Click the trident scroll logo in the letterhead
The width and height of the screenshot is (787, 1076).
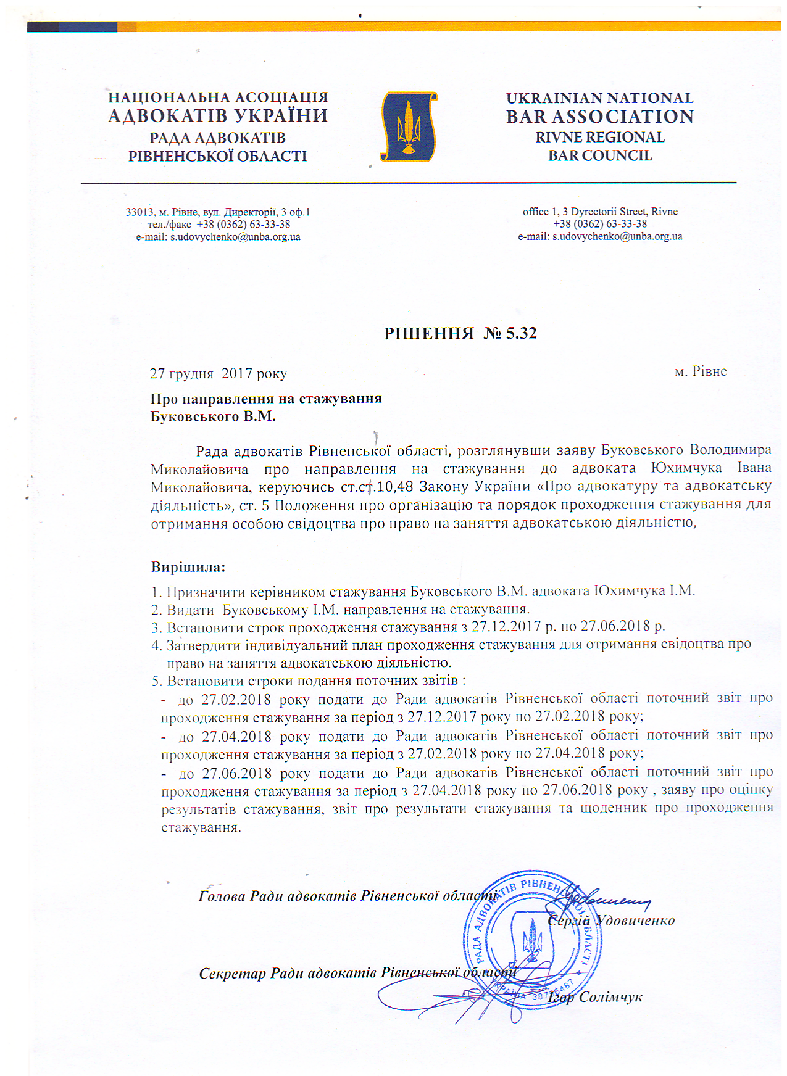click(408, 126)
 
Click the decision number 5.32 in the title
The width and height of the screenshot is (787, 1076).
click(521, 333)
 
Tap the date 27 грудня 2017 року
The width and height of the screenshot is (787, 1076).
click(219, 373)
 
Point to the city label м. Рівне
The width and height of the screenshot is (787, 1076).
click(701, 371)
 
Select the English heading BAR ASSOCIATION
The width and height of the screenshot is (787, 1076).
click(599, 117)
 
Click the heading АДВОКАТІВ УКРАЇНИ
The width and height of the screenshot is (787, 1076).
click(218, 116)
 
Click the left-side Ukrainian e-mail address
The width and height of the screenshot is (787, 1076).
click(235, 237)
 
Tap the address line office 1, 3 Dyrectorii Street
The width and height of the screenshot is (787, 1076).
click(599, 212)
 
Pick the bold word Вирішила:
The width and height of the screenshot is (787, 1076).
click(188, 566)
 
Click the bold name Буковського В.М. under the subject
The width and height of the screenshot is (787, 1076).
click(213, 416)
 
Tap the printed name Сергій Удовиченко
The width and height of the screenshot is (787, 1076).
click(611, 921)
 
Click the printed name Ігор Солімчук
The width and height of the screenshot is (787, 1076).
click(595, 997)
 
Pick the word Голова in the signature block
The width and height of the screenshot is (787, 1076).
click(222, 896)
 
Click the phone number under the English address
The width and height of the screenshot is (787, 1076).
click(599, 224)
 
